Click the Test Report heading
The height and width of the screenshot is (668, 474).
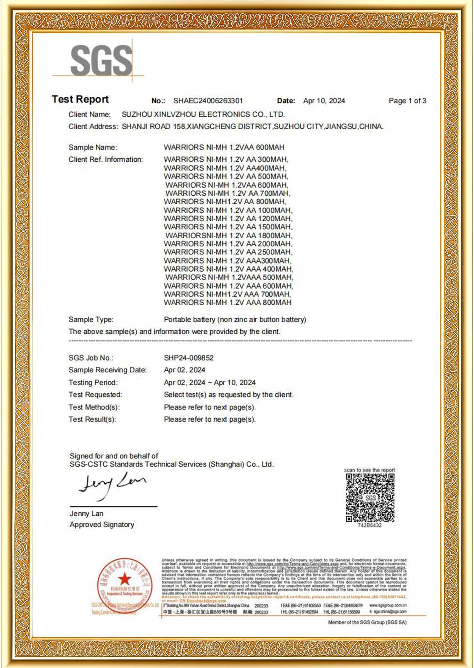(80, 100)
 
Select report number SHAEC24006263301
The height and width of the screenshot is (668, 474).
(208, 101)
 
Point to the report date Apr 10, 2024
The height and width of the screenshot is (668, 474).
(324, 101)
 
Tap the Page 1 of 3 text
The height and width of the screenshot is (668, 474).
(407, 101)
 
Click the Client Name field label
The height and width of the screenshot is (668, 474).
(90, 114)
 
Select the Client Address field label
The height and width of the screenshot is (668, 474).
(93, 127)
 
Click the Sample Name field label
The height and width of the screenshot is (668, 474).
(93, 147)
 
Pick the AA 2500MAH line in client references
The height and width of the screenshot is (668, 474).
(228, 252)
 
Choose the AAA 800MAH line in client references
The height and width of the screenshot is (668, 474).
(227, 303)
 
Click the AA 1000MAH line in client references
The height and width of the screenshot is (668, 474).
(228, 210)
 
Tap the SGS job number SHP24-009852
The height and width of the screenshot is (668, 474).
(189, 358)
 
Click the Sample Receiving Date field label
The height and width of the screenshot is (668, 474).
(108, 370)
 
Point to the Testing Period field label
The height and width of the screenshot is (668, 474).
(93, 383)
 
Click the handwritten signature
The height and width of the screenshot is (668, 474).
(112, 485)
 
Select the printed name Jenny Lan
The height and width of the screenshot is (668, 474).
(86, 513)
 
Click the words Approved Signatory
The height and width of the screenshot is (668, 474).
(102, 525)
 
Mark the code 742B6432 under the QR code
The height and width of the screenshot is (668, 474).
(369, 526)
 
